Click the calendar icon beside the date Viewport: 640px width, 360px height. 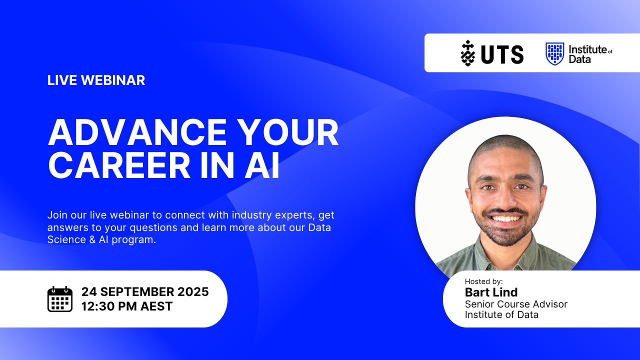[59, 299]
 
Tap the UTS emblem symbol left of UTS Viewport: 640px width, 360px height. [467, 53]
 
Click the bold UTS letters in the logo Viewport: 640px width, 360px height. [502, 54]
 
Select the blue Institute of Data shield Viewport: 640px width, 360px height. [554, 53]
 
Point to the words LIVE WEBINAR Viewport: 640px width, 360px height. [96, 80]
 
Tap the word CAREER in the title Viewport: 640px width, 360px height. [119, 165]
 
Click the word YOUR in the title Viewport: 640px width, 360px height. [288, 132]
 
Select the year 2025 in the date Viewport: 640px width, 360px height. [193, 291]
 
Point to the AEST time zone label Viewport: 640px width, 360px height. [156, 306]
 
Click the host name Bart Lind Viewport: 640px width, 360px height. [491, 292]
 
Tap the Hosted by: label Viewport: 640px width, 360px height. [483, 281]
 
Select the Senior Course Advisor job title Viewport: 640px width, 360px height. [516, 304]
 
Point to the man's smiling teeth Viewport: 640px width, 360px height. [505, 218]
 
